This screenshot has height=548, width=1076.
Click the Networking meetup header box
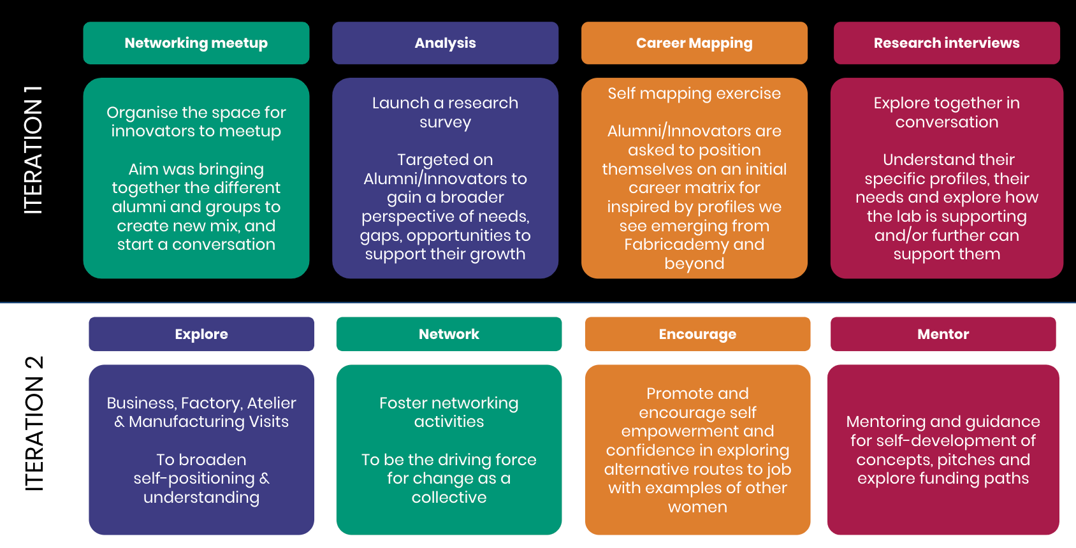[196, 43]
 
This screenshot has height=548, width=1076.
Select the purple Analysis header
[445, 43]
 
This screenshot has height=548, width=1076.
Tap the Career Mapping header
[694, 43]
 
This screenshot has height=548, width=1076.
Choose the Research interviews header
[947, 43]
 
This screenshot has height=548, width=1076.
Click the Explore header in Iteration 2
[201, 334]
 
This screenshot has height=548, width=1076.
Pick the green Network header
[449, 334]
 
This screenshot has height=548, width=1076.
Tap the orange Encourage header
[697, 334]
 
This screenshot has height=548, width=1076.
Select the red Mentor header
[943, 334]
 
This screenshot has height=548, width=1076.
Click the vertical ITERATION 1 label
[33, 150]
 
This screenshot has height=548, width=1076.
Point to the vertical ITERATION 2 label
[33, 424]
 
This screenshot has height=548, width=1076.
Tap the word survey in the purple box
[445, 122]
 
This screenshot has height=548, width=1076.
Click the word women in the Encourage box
[697, 507]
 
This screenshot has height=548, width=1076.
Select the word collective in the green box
[449, 498]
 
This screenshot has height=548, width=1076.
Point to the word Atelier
[272, 403]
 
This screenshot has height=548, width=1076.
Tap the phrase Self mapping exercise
[694, 94]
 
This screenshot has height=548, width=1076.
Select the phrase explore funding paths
[943, 479]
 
